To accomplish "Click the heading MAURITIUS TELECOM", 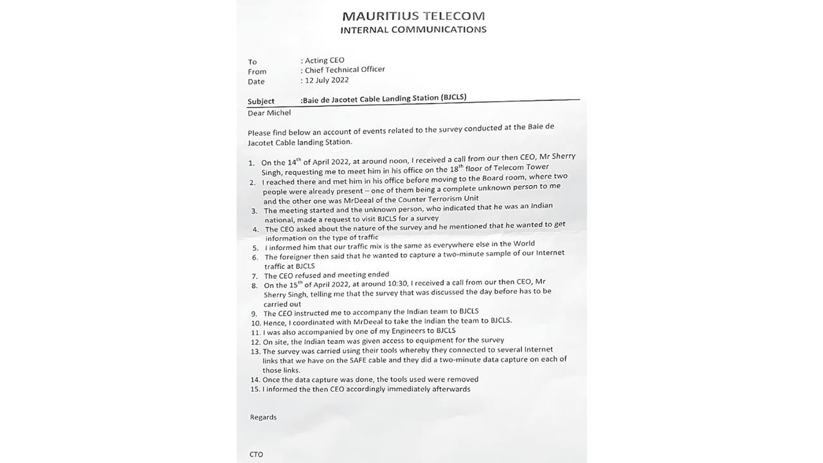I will (x=413, y=16).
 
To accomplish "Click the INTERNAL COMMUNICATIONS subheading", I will (x=413, y=30).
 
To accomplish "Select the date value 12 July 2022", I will (x=327, y=80).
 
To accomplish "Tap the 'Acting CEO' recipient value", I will (x=325, y=60).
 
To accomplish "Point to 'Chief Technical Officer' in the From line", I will (x=345, y=69).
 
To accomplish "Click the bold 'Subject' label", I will (x=261, y=101).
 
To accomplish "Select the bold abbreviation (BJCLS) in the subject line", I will (x=453, y=97).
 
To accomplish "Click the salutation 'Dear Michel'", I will (x=269, y=113).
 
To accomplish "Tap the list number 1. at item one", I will (x=251, y=163).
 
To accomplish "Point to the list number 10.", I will (x=256, y=322).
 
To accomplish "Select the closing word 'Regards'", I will (x=263, y=417).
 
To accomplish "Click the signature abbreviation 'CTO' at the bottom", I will (x=257, y=454).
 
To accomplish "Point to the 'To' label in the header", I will (x=252, y=62).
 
